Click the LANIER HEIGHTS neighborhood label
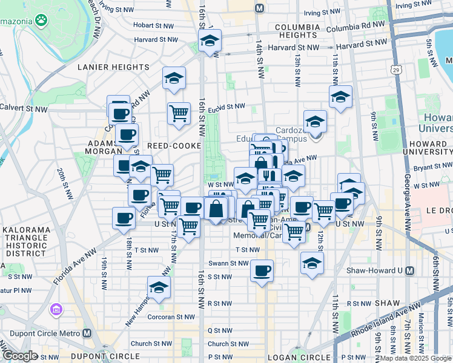(108, 67)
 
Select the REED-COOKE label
(173, 146)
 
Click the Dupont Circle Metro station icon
(87, 333)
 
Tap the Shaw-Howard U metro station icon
(410, 270)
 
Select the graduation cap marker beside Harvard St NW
(210, 41)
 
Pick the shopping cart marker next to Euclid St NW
(179, 113)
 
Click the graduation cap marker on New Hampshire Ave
(159, 287)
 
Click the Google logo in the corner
(19, 356)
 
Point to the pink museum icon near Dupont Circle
(56, 310)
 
